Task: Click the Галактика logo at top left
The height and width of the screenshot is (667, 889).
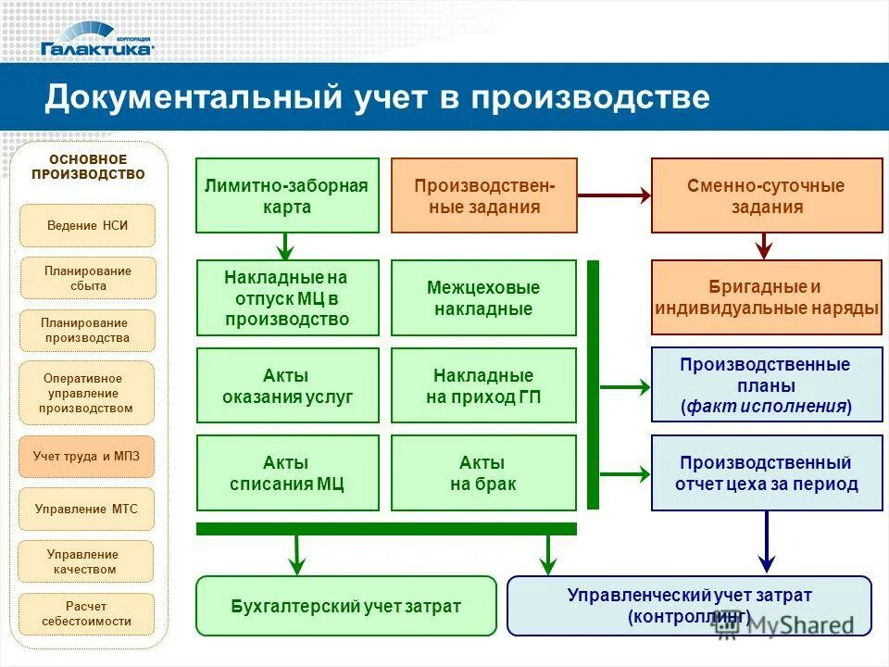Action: click(97, 45)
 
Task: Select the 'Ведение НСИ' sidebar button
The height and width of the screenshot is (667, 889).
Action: click(87, 225)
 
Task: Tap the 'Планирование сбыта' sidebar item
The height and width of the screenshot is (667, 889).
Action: click(88, 278)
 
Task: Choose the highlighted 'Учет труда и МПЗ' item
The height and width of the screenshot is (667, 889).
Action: click(87, 456)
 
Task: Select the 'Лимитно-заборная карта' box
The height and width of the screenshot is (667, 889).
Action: click(287, 195)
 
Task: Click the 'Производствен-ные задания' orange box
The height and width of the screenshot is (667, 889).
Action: click(484, 195)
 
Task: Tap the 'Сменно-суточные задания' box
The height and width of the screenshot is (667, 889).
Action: click(766, 195)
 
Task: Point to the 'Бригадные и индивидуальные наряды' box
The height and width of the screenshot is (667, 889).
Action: click(766, 297)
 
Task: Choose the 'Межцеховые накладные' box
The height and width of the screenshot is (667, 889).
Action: click(483, 297)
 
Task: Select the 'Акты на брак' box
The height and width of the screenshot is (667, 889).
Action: click(483, 472)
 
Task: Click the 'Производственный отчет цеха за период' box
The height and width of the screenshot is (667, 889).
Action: click(766, 472)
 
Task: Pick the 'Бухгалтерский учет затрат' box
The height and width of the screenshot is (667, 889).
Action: click(345, 606)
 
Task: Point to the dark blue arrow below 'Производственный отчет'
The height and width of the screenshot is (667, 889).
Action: click(766, 542)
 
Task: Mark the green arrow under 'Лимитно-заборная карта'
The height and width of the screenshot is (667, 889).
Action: click(286, 246)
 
